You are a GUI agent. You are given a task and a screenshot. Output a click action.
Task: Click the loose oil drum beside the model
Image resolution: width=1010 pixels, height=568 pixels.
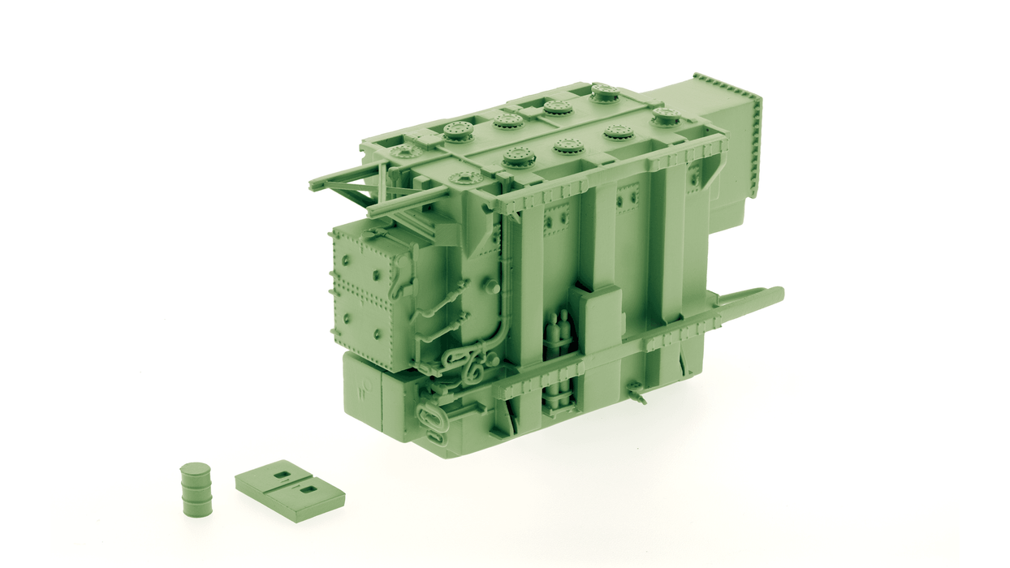click(x=196, y=491)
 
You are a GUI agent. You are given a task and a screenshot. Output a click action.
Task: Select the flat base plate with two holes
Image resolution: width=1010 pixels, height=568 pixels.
click(x=290, y=491)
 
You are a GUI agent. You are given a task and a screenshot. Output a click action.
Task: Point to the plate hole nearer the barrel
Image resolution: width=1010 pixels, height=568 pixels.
click(x=282, y=475)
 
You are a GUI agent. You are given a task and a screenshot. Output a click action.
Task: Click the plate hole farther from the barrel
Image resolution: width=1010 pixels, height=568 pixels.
click(x=309, y=489)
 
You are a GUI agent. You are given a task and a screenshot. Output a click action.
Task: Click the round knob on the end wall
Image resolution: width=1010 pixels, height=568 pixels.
click(x=491, y=286)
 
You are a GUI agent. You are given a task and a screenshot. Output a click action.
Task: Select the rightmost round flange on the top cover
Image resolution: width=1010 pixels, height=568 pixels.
click(x=666, y=115)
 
